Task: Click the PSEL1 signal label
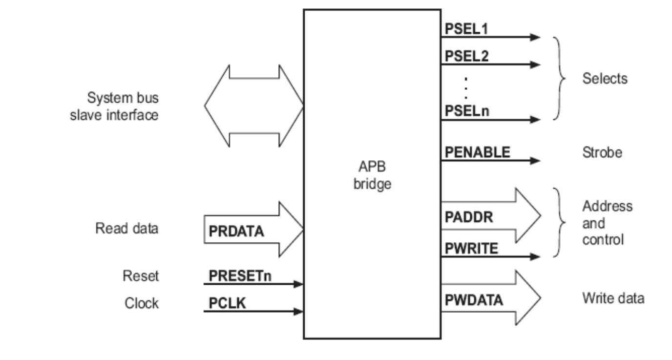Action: (466, 29)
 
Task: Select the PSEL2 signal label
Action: (466, 56)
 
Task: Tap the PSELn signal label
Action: (467, 111)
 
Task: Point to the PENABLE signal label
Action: (477, 152)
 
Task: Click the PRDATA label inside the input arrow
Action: (236, 231)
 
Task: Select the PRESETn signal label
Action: (240, 276)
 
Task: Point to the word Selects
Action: (605, 78)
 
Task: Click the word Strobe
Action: (602, 152)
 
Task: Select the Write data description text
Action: (612, 297)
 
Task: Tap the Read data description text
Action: (126, 228)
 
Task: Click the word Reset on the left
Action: (141, 276)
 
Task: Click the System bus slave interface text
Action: (122, 106)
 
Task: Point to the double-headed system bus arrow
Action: (253, 106)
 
